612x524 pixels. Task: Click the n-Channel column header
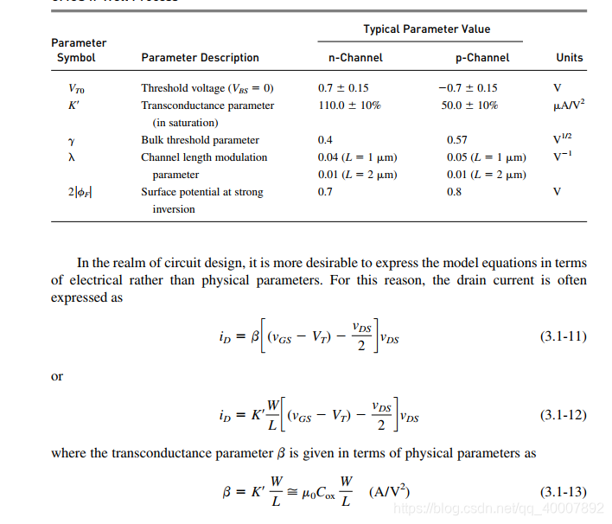pos(350,58)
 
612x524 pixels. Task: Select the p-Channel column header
pos(481,58)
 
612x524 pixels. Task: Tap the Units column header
pos(569,58)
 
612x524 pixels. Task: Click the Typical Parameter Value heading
pos(426,29)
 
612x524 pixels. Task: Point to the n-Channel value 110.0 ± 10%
pos(349,105)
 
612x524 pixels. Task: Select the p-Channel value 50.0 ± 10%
pos(469,105)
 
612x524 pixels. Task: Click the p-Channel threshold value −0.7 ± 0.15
pos(468,88)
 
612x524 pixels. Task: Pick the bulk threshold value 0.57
pos(456,140)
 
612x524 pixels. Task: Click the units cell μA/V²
pos(569,105)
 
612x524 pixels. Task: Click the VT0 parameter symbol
pos(76,89)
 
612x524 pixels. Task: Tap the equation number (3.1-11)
pos(564,336)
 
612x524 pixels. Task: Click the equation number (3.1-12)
pos(564,415)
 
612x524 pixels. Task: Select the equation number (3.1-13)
pos(564,492)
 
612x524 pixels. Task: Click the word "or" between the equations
pos(57,376)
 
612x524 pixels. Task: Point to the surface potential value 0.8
pos(454,192)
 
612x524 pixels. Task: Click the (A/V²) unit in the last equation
pos(389,492)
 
